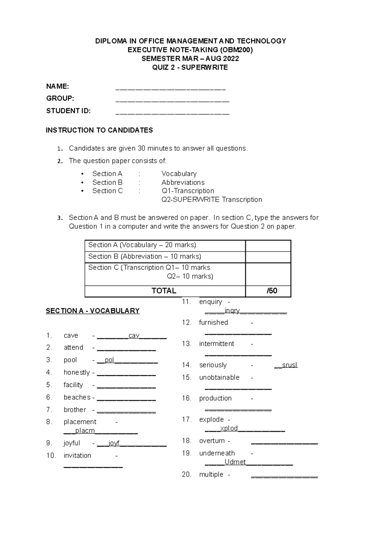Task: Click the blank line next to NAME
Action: tap(171, 89)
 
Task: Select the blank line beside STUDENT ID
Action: tap(172, 113)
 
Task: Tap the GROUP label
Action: tap(60, 99)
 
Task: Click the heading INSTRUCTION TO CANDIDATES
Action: tap(99, 130)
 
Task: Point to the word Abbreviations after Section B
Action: tap(183, 183)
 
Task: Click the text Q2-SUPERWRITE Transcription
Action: tap(212, 200)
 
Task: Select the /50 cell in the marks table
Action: tap(272, 291)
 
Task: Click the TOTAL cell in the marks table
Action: tap(164, 291)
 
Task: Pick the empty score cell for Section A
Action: tap(268, 246)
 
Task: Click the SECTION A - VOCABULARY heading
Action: tap(93, 311)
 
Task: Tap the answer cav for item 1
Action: tap(134, 336)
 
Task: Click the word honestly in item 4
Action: tap(77, 372)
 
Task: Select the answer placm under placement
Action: tap(85, 431)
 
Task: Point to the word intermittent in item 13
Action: tap(216, 344)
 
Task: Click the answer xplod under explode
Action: tap(229, 429)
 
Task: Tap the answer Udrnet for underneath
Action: tap(235, 462)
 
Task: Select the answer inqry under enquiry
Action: tap(232, 311)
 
